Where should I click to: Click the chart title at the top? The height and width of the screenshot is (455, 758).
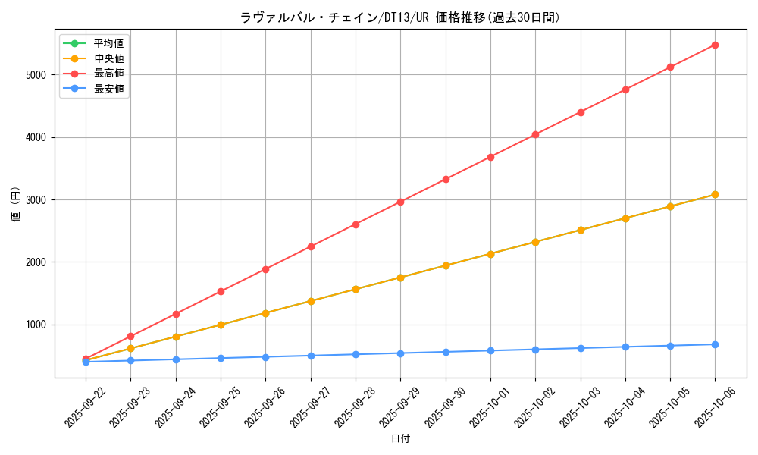(x=400, y=17)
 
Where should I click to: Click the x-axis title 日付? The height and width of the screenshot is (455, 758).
(x=400, y=439)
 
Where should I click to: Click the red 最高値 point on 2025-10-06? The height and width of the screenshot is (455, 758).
(x=715, y=45)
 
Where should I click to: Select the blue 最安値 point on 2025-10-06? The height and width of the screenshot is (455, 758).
(x=715, y=344)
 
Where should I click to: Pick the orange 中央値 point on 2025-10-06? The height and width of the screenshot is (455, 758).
(x=715, y=195)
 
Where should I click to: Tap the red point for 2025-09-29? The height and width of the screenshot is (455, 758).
(x=400, y=202)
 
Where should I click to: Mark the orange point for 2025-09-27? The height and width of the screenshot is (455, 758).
(x=311, y=301)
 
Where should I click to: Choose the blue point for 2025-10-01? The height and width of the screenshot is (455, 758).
(x=490, y=350)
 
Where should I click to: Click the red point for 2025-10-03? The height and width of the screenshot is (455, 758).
(x=581, y=112)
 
